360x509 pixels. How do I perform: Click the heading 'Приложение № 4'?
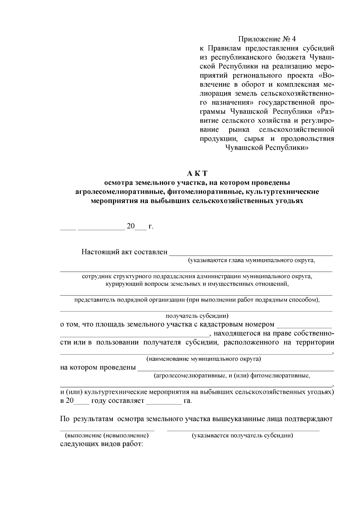tap(267, 39)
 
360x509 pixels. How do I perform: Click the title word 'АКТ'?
tap(197, 174)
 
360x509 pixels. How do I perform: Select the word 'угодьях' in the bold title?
tap(289, 201)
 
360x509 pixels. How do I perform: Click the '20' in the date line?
tap(131, 226)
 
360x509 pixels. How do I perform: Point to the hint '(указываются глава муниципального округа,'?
tap(251, 260)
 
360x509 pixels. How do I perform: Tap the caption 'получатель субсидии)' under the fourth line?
tap(197, 316)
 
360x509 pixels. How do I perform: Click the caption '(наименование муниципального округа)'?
tap(203, 359)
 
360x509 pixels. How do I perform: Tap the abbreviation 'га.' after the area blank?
tap(187, 401)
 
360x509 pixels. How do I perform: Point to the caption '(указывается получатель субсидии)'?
tap(242, 435)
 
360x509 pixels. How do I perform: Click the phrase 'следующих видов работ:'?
tap(102, 444)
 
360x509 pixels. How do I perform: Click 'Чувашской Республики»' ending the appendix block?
tap(267, 147)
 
